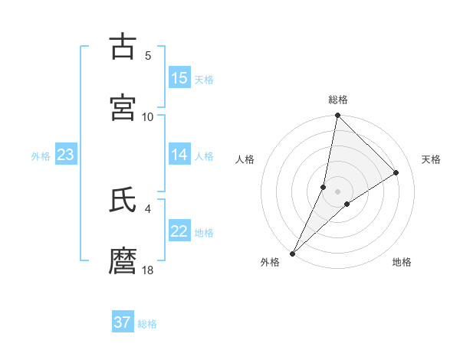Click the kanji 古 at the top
click(x=123, y=47)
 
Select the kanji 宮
click(x=123, y=107)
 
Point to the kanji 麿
click(x=123, y=261)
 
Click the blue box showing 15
click(x=179, y=78)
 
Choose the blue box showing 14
click(x=179, y=155)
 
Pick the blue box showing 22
click(x=179, y=231)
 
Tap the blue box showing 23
click(x=66, y=155)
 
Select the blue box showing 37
click(x=123, y=322)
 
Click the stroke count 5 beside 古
click(x=148, y=55)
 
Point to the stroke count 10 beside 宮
click(x=148, y=116)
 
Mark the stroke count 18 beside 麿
click(x=148, y=270)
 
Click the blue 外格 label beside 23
click(x=41, y=156)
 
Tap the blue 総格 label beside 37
click(x=147, y=324)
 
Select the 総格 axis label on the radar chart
click(x=337, y=100)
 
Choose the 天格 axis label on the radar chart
click(x=431, y=159)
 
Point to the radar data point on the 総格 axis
click(x=337, y=115)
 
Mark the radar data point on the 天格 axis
click(x=396, y=172)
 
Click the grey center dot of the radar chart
click(x=337, y=191)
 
